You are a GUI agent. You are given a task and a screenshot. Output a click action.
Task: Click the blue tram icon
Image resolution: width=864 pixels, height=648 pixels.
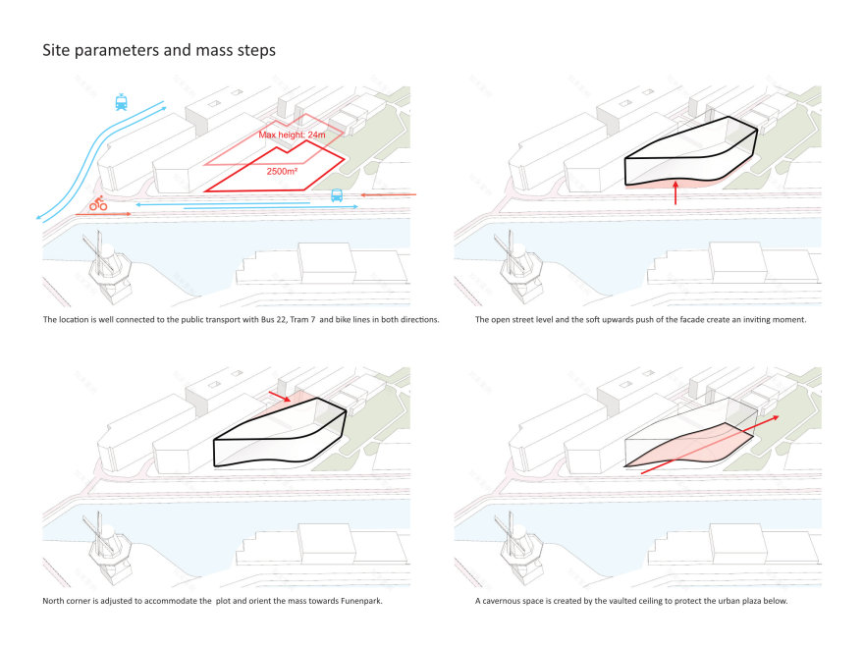pos(121,102)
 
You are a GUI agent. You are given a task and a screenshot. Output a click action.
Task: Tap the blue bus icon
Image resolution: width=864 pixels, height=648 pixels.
pos(337,195)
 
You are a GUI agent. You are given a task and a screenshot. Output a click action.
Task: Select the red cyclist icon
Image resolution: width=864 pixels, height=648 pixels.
pos(98,203)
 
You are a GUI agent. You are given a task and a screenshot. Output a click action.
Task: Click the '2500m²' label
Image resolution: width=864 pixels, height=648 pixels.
pos(282,172)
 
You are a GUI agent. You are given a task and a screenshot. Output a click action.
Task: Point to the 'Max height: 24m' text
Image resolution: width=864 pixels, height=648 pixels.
pos(292,135)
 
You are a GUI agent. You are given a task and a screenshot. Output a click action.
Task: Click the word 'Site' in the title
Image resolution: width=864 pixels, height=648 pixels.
pos(56,50)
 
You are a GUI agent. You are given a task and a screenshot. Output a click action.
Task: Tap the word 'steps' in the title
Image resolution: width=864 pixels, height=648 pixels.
pos(256,51)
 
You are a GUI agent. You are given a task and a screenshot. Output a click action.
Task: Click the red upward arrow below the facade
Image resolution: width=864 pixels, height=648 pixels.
pos(675,192)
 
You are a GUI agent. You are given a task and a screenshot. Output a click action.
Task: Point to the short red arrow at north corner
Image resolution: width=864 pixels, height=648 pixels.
pos(280,397)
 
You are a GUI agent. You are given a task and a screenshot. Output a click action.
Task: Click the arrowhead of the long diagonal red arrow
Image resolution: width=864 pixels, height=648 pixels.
pos(775,417)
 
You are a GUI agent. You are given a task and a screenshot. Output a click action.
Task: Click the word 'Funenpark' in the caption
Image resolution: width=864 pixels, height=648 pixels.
pos(361,601)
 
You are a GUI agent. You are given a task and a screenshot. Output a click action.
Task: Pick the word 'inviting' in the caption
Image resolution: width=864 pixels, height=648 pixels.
pos(754,320)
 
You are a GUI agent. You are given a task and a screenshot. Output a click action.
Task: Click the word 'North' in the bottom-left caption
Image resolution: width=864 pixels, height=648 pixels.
pos(53,601)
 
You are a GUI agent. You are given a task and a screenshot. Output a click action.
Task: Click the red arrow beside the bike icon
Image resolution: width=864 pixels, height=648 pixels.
pos(104,214)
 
